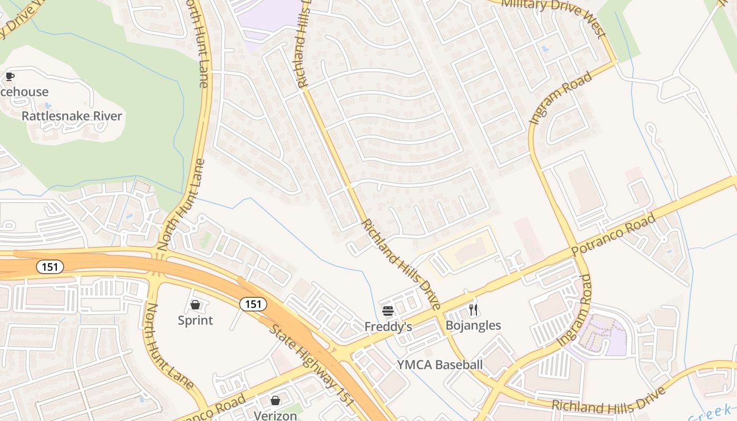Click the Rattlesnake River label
[x=72, y=116]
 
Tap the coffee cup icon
[x=9, y=77]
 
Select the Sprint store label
[x=195, y=320]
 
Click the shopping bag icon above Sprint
[x=195, y=305]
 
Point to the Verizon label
[x=275, y=415]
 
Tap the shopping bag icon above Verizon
[x=275, y=400]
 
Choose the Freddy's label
[x=388, y=327]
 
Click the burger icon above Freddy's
[x=388, y=311]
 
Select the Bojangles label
[x=473, y=325]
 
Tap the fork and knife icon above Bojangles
[x=473, y=309]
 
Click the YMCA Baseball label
[x=440, y=365]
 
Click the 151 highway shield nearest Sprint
[x=253, y=304]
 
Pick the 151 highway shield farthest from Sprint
[x=50, y=267]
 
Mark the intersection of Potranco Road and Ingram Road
[x=579, y=256]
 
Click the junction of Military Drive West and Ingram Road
[x=614, y=62]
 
